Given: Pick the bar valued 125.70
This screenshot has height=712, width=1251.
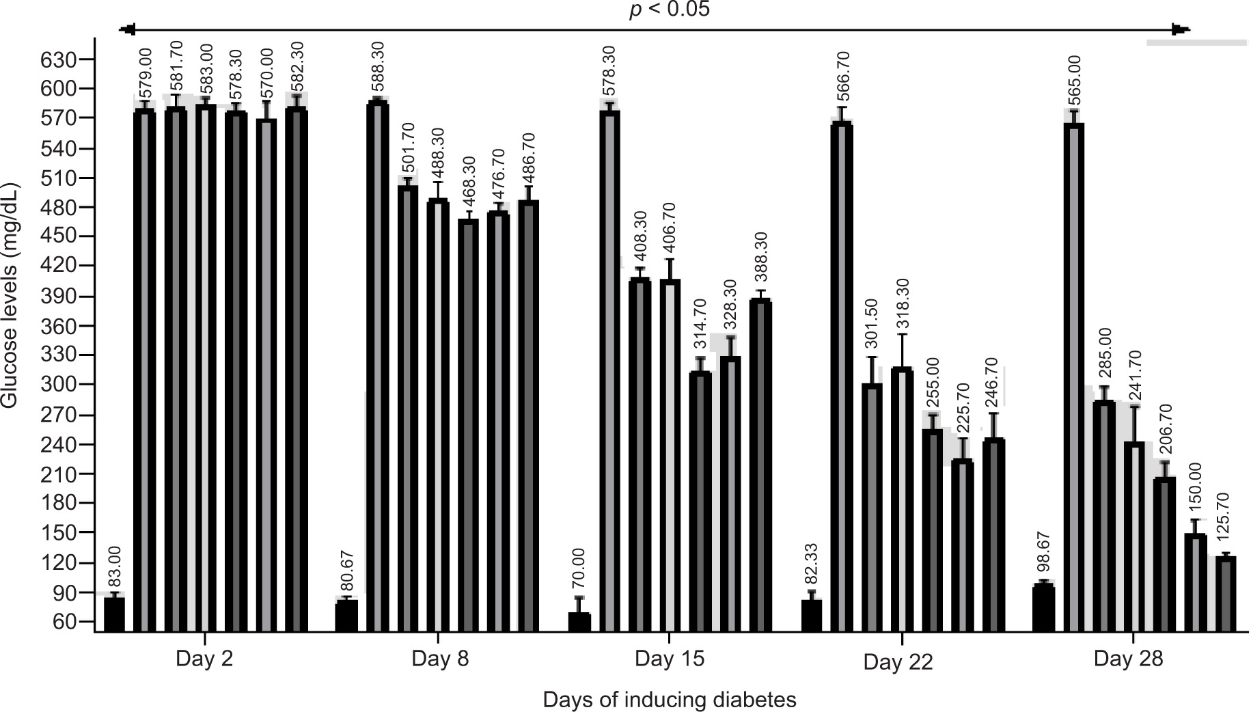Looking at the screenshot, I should (x=1226, y=594).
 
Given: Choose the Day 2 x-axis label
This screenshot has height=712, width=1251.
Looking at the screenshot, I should (x=204, y=659).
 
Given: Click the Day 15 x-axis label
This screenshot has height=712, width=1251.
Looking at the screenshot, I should (x=669, y=659).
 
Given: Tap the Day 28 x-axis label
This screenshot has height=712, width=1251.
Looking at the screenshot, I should (x=1127, y=659).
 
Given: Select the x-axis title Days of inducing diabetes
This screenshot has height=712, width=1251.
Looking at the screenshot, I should (x=670, y=700).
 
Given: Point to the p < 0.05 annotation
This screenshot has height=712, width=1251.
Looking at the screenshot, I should (x=669, y=10).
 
